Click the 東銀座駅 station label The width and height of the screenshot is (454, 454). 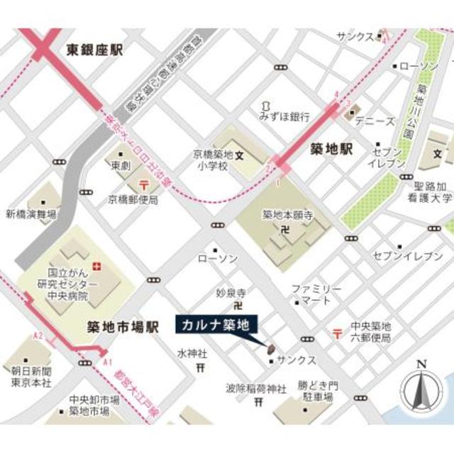coord(95,50)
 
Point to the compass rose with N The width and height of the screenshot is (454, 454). coord(421,390)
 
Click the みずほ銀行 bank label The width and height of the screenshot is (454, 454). coord(284,116)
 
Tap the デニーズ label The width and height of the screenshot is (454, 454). coord(375,122)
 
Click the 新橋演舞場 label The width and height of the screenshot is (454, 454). coord(32,214)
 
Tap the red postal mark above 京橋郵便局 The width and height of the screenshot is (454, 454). coord(145,184)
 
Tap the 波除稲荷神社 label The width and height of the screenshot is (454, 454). coord(256,388)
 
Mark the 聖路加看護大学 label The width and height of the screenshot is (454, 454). coord(426,192)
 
